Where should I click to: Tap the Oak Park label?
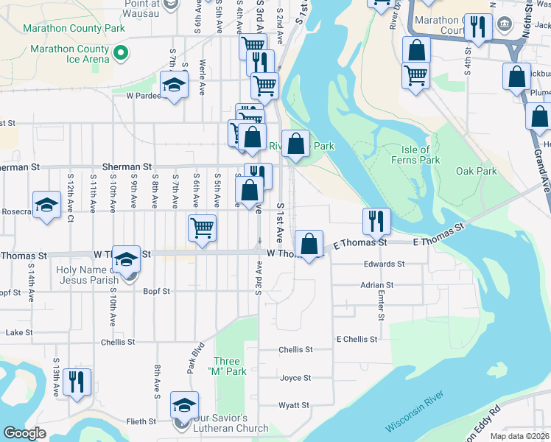click(x=477, y=172)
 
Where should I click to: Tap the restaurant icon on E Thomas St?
click(x=375, y=220)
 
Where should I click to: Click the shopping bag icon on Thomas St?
click(x=309, y=244)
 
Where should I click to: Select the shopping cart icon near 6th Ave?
click(x=202, y=228)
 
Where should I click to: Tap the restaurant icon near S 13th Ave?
click(x=77, y=382)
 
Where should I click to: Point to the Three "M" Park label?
click(x=228, y=366)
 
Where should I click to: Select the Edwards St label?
click(x=384, y=264)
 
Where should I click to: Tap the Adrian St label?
click(x=377, y=284)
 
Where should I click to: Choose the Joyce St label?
click(x=295, y=378)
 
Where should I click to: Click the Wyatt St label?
click(x=294, y=405)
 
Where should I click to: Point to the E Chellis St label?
click(x=357, y=339)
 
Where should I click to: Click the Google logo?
click(x=24, y=433)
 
